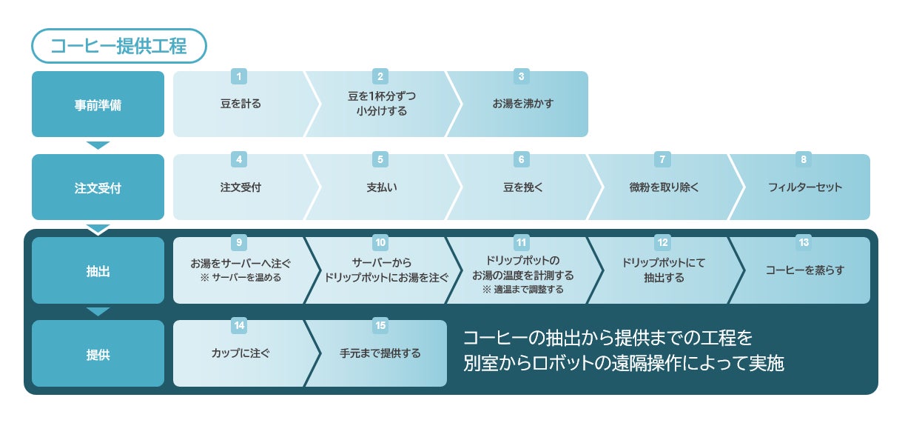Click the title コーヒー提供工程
tap(118, 46)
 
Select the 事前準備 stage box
tap(98, 104)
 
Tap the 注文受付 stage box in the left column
tap(98, 187)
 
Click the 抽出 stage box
tap(98, 271)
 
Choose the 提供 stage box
tap(98, 354)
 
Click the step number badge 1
tap(238, 76)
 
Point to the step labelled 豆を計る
tap(240, 104)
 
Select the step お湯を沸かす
tap(522, 104)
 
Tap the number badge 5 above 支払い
tap(380, 159)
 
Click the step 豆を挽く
tap(522, 187)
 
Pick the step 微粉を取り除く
tap(663, 187)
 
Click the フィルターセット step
tap(805, 187)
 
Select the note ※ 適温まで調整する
tap(522, 290)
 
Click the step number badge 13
tap(804, 242)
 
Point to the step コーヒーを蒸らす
tap(805, 271)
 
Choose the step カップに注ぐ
tap(240, 354)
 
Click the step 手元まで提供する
tap(380, 354)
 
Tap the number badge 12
tap(663, 242)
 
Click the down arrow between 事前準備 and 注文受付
tap(98, 145)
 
